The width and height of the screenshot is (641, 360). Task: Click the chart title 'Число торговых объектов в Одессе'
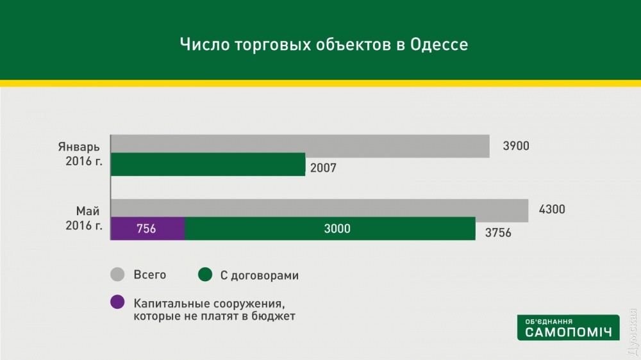[x=324, y=44]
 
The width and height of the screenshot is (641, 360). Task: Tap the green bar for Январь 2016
[x=208, y=164]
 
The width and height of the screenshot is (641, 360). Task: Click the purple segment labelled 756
[x=147, y=229]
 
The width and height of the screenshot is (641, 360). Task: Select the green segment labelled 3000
[x=330, y=229]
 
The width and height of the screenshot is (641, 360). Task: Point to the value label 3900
[x=516, y=146]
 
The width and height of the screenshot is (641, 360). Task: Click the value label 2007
[x=323, y=168]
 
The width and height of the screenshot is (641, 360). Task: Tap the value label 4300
[x=552, y=209]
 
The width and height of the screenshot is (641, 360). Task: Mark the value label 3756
[x=498, y=233]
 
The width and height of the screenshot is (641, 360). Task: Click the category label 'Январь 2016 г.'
[x=80, y=154]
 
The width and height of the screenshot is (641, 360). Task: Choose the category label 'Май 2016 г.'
[x=84, y=218]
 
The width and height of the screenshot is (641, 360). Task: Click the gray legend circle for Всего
[x=117, y=274]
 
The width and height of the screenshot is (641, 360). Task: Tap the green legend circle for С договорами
[x=205, y=274]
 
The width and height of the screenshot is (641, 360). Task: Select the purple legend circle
[x=117, y=302]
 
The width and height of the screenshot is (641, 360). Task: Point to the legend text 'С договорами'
[x=259, y=275]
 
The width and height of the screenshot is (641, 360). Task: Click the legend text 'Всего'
[x=149, y=275]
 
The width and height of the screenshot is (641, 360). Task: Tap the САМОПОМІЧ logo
[x=568, y=327]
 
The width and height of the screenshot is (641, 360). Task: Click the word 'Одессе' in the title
[x=439, y=44]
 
